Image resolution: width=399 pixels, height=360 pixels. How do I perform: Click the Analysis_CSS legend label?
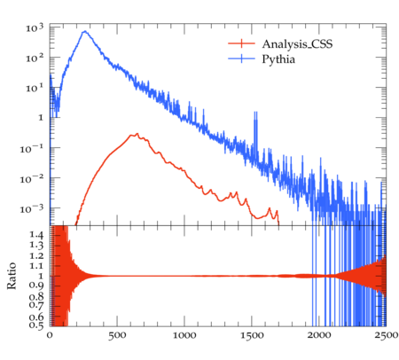297,44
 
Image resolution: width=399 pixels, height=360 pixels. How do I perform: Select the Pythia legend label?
278,59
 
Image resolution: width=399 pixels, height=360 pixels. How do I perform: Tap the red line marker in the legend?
241,43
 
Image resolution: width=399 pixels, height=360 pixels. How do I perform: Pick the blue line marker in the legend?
241,59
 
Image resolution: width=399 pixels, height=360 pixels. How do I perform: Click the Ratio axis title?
12,276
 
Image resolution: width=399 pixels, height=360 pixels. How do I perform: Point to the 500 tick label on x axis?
117,335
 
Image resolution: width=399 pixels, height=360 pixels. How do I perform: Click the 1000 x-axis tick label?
184,335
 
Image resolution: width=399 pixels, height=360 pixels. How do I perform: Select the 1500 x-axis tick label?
252,335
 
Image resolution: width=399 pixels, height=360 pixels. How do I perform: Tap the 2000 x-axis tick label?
319,335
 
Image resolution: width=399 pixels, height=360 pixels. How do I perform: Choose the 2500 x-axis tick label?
386,335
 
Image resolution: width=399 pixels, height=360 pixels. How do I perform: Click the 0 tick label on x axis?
50,335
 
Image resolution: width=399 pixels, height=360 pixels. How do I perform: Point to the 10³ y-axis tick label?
35,27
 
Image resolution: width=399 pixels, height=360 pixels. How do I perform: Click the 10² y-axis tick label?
35,58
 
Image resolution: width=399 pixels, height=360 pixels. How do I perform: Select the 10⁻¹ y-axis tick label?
31,149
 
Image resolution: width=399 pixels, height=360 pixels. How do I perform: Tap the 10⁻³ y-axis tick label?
31,209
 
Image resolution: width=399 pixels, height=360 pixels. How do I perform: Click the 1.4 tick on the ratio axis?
36,235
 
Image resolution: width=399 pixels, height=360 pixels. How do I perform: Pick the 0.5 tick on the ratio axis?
36,325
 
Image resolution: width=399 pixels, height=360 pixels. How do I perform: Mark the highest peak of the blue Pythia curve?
85,31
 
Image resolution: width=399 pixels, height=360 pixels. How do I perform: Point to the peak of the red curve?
137,134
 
